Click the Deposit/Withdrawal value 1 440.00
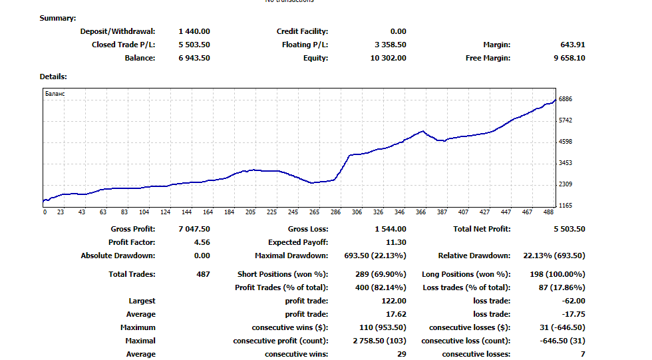point(194,31)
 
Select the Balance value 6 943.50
point(194,58)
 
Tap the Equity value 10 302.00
point(389,58)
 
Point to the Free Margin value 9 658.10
point(569,58)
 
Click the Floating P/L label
point(305,45)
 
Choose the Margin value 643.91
point(573,45)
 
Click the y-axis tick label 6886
point(566,99)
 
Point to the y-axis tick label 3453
point(566,163)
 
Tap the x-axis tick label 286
point(335,212)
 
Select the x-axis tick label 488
point(548,212)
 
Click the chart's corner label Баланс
point(55,94)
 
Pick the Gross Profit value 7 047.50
point(194,229)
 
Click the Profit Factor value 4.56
point(202,242)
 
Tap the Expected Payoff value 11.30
point(396,242)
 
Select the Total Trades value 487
point(203,274)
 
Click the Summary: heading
point(58,18)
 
